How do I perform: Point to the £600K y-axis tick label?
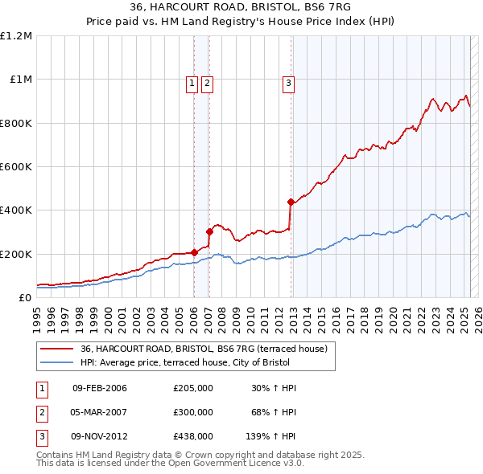click(16, 167)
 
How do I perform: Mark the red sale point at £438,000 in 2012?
click(291, 202)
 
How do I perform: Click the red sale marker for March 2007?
click(209, 232)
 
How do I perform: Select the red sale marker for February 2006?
click(194, 252)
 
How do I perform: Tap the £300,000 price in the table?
click(193, 412)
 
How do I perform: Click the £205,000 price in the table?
click(193, 388)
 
